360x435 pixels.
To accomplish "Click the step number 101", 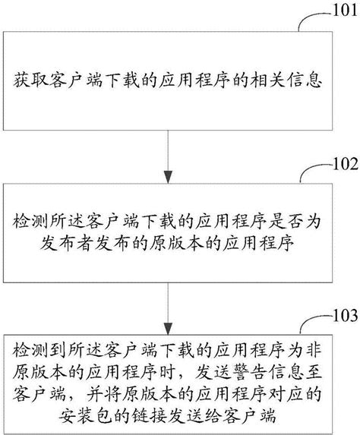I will click(339, 12).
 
